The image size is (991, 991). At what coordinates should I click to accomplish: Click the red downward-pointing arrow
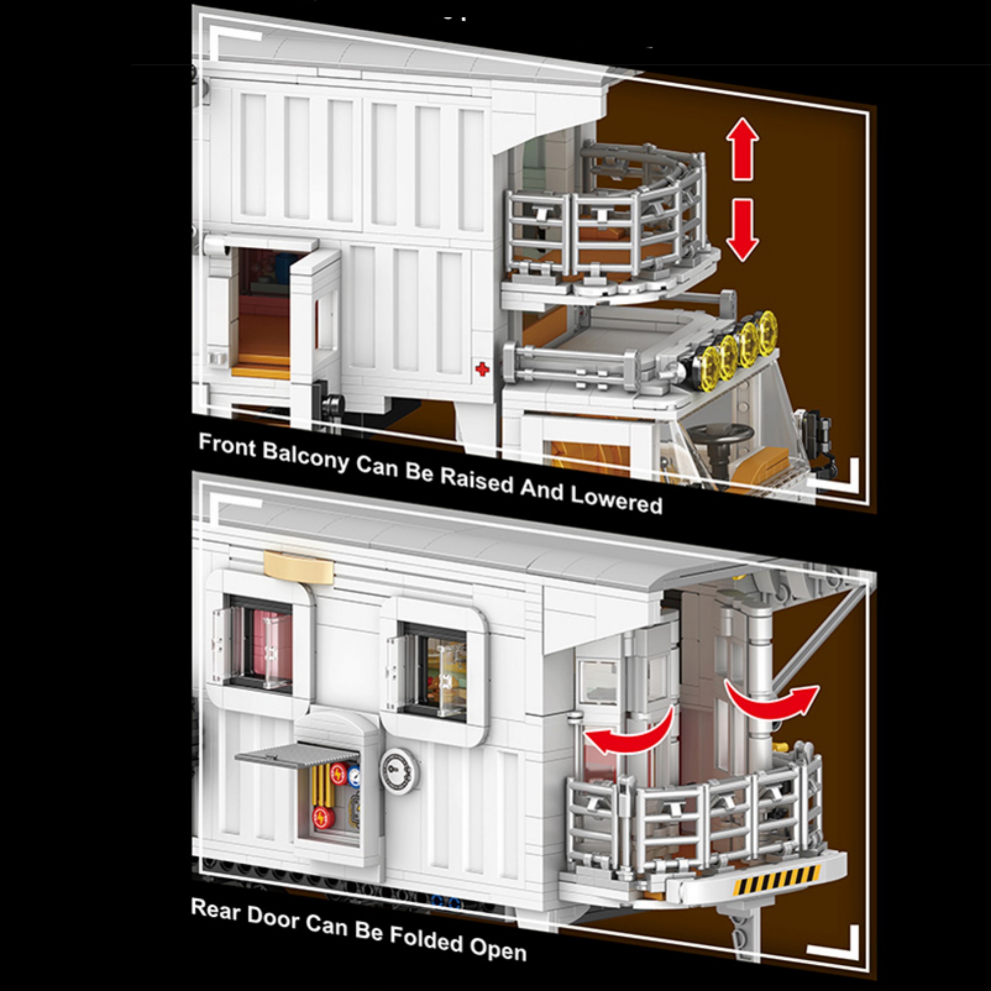[x=742, y=230]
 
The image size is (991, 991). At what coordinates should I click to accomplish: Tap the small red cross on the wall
[x=482, y=369]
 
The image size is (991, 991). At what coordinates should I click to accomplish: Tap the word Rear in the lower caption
[x=216, y=910]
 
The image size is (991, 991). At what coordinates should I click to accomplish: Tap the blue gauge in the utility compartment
[x=354, y=776]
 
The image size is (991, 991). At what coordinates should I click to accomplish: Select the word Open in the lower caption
[x=498, y=950]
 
